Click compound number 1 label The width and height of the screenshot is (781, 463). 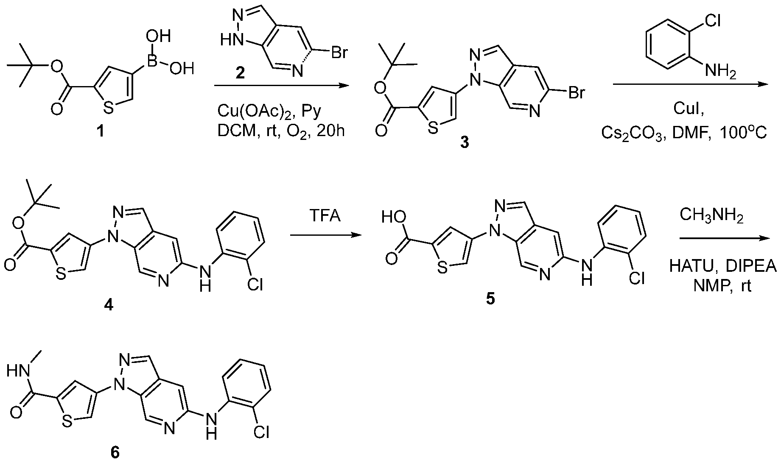[x=101, y=132]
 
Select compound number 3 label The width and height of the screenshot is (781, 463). [x=465, y=143]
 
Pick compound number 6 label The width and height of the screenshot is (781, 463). [x=115, y=452]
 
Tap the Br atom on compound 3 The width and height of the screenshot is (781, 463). [x=576, y=93]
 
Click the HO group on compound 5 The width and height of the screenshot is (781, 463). [x=391, y=218]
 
